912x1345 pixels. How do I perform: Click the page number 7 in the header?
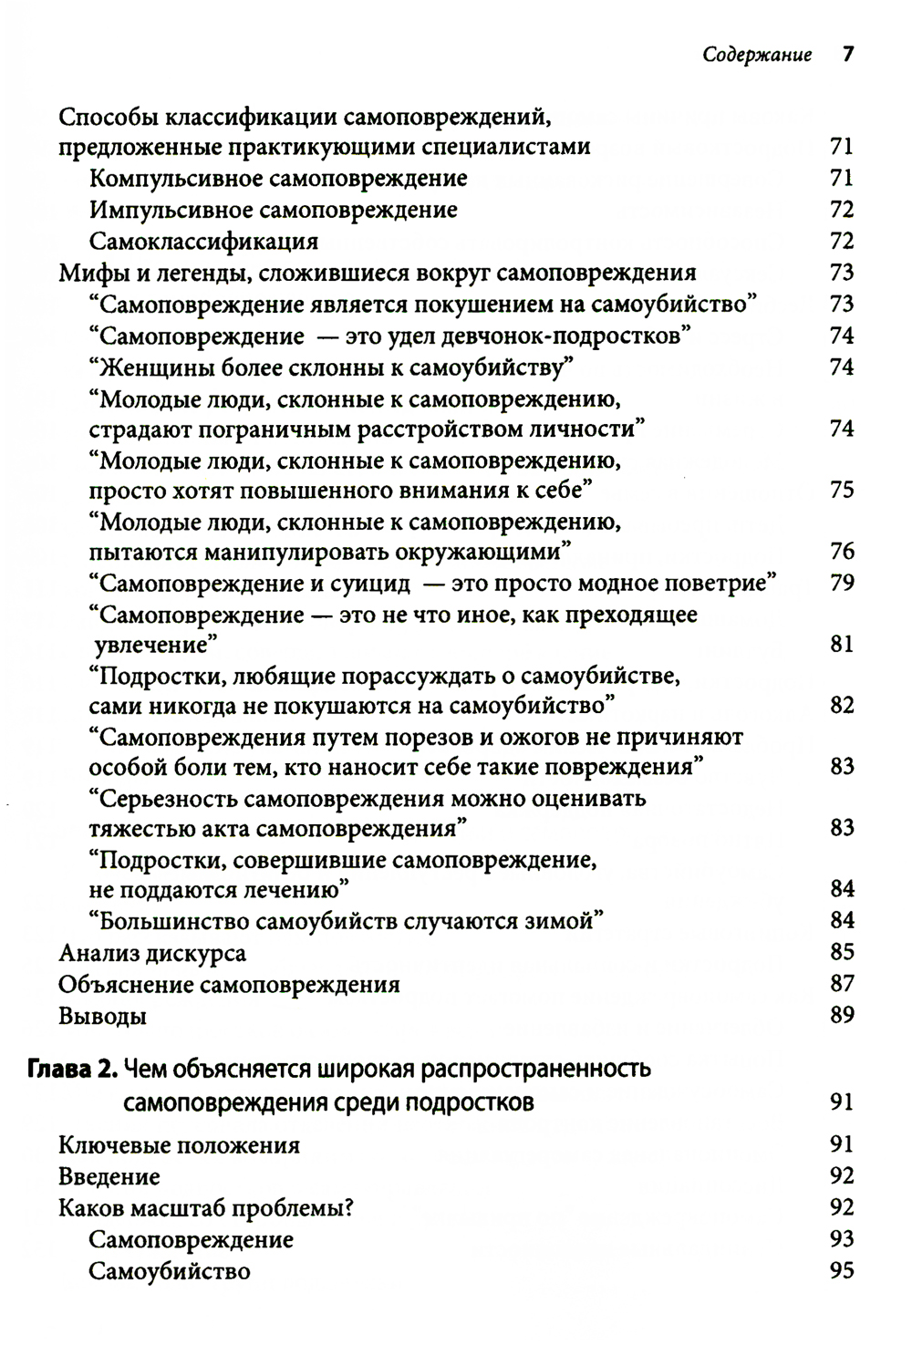[847, 55]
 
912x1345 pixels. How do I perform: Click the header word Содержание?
[757, 56]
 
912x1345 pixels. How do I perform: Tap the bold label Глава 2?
[72, 1069]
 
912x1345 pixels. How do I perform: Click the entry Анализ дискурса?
[152, 953]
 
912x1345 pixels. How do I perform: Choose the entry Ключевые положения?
[179, 1144]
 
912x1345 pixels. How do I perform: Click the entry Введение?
[109, 1176]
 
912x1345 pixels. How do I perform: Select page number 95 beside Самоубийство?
[842, 1270]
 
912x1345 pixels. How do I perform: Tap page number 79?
[842, 582]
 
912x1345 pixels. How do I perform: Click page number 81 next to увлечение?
[842, 645]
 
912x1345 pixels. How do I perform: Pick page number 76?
[842, 551]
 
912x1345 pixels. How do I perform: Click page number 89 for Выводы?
[842, 1015]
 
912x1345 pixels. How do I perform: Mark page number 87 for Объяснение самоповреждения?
[842, 984]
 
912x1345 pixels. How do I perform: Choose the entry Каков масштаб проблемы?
[205, 1208]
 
